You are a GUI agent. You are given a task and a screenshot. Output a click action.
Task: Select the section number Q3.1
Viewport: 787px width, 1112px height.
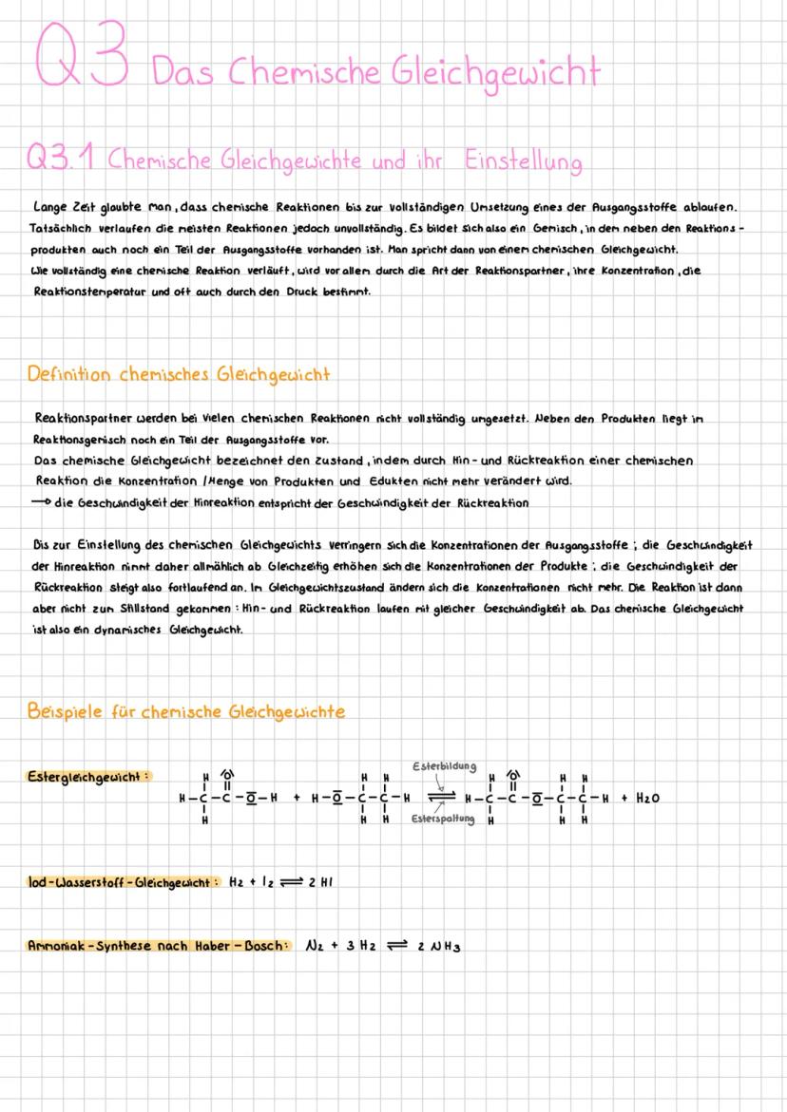(x=63, y=160)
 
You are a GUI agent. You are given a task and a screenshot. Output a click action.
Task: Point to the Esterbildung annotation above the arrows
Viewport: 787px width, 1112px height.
(x=444, y=765)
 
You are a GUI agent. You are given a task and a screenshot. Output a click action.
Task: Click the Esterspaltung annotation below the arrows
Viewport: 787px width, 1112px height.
(x=442, y=818)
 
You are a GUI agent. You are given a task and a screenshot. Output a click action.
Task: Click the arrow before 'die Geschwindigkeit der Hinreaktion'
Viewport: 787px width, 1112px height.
(x=42, y=502)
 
